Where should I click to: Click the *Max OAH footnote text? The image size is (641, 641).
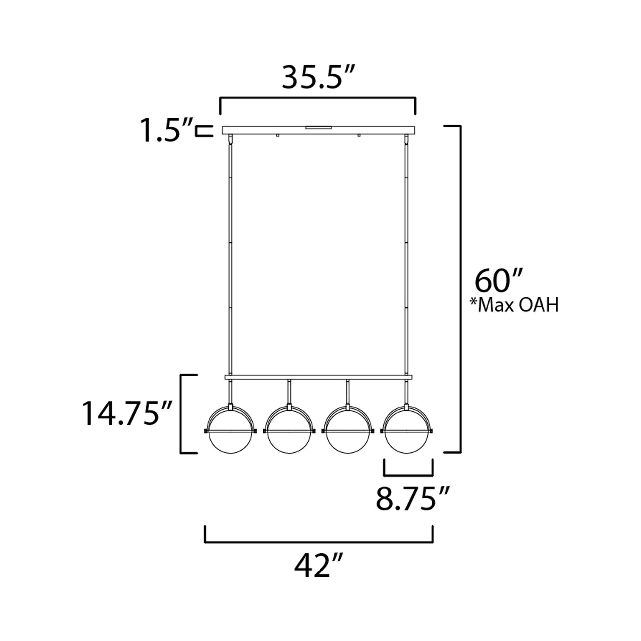(x=514, y=306)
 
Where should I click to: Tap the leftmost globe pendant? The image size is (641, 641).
(x=230, y=431)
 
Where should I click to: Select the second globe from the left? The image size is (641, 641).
(x=289, y=431)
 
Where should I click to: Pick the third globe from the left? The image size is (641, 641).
(x=348, y=431)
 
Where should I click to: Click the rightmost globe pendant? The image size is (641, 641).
(x=407, y=431)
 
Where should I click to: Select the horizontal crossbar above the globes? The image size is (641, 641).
(x=319, y=377)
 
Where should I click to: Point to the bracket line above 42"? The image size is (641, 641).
(x=319, y=542)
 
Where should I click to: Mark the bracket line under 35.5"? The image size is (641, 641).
(x=318, y=98)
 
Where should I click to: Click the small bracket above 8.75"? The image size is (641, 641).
(x=408, y=475)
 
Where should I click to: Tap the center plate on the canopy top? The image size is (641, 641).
(x=319, y=127)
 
